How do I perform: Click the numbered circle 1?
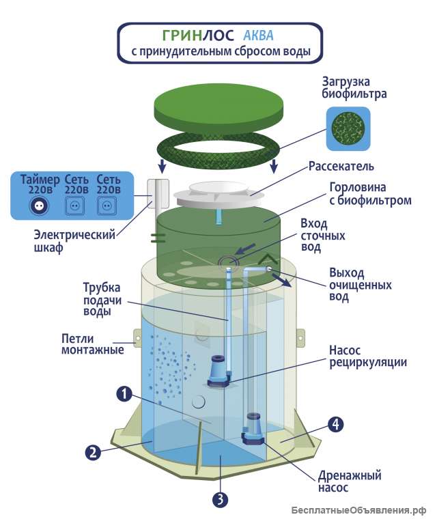(124, 393)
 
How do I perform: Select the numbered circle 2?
(92, 451)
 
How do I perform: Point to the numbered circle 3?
(219, 499)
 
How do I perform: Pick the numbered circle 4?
(335, 424)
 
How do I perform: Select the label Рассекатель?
(341, 166)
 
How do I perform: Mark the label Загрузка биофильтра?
(354, 87)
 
